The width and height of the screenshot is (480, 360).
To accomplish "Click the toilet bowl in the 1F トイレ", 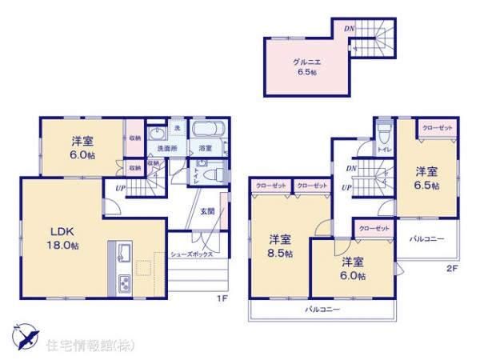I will pos(207,171).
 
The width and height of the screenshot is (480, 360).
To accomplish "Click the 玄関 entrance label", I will pos(207,210).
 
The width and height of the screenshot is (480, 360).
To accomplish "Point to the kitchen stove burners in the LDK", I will pos(126,283).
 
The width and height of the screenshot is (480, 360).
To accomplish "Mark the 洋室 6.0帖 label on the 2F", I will pos(352,269).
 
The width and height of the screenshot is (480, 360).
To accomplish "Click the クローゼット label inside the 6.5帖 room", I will pos(437,128).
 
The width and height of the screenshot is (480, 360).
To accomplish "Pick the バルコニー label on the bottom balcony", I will pos(322,309).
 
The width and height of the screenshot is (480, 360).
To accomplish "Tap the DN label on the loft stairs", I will pos(349,30).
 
